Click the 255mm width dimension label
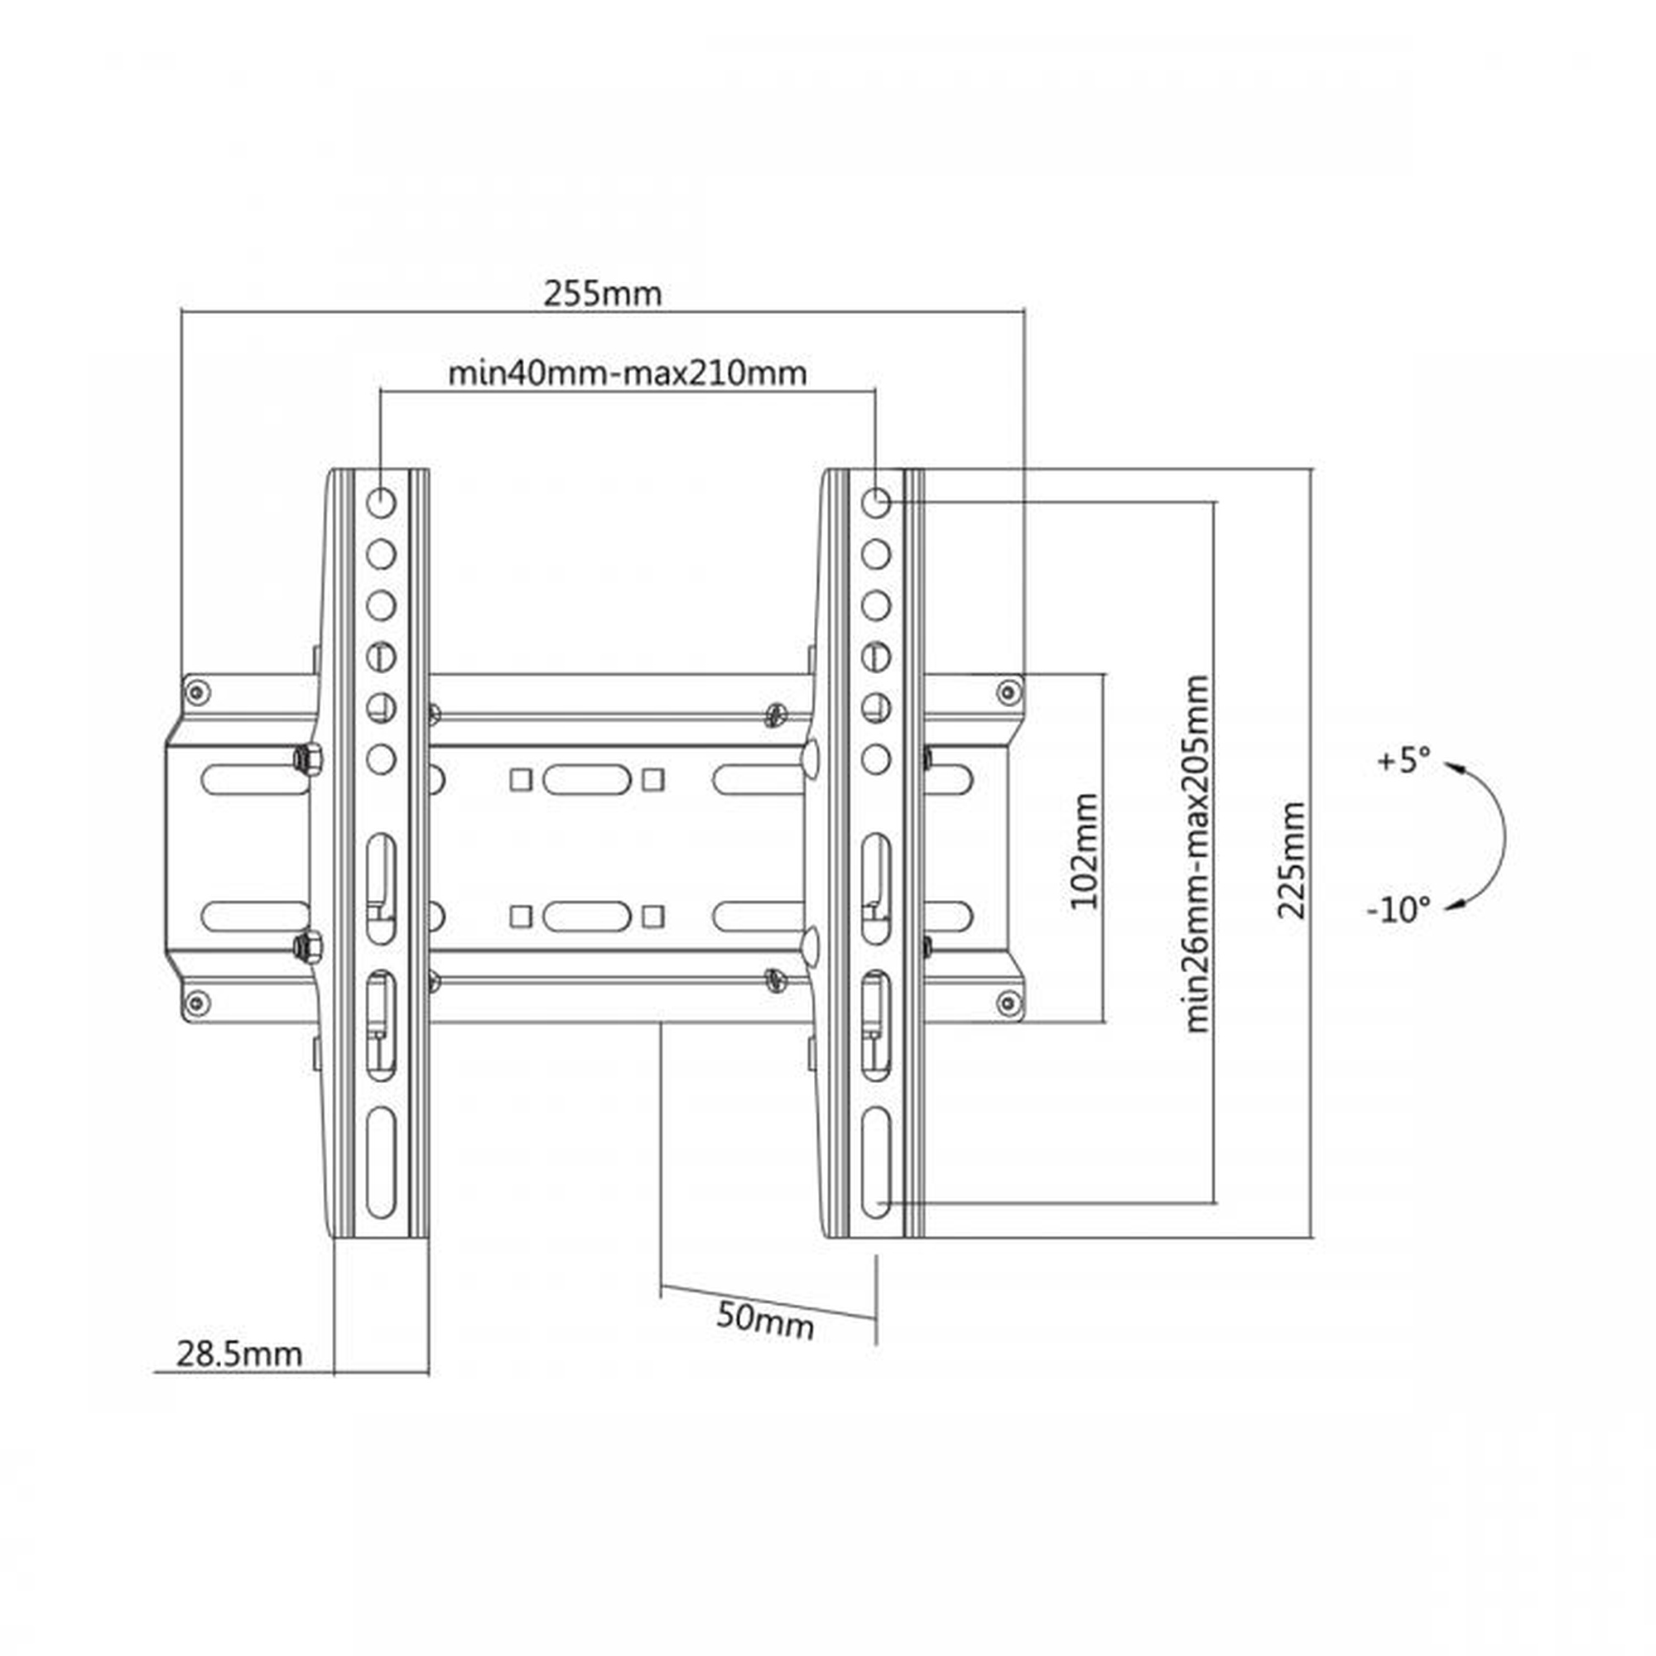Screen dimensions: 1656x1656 [x=603, y=294]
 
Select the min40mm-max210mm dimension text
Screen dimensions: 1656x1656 [x=628, y=373]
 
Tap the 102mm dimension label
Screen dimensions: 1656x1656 [x=1086, y=851]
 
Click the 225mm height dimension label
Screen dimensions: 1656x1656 [x=1291, y=860]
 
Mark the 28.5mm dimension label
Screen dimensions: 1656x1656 [x=239, y=1355]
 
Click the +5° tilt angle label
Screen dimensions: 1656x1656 [x=1403, y=760]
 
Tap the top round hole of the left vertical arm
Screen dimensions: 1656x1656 [x=381, y=503]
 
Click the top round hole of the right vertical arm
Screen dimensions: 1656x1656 [x=875, y=503]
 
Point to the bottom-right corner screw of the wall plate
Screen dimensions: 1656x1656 [x=1009, y=1002]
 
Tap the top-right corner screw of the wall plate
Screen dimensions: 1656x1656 [x=1009, y=691]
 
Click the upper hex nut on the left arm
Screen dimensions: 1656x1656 [x=306, y=758]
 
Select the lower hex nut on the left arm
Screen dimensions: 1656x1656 [x=306, y=947]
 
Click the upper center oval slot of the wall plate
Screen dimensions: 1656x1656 [x=586, y=780]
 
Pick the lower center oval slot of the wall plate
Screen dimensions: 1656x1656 [x=586, y=917]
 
